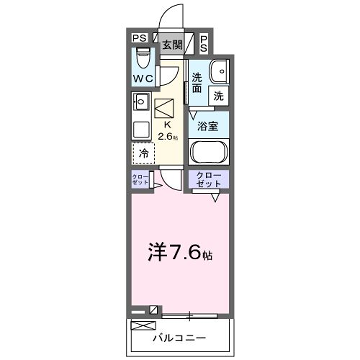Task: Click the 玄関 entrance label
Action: click(172, 44)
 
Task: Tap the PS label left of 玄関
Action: click(140, 40)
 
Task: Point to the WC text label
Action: click(142, 77)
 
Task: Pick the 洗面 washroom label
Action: click(197, 83)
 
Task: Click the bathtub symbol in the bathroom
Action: click(209, 156)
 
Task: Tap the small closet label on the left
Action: click(140, 180)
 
